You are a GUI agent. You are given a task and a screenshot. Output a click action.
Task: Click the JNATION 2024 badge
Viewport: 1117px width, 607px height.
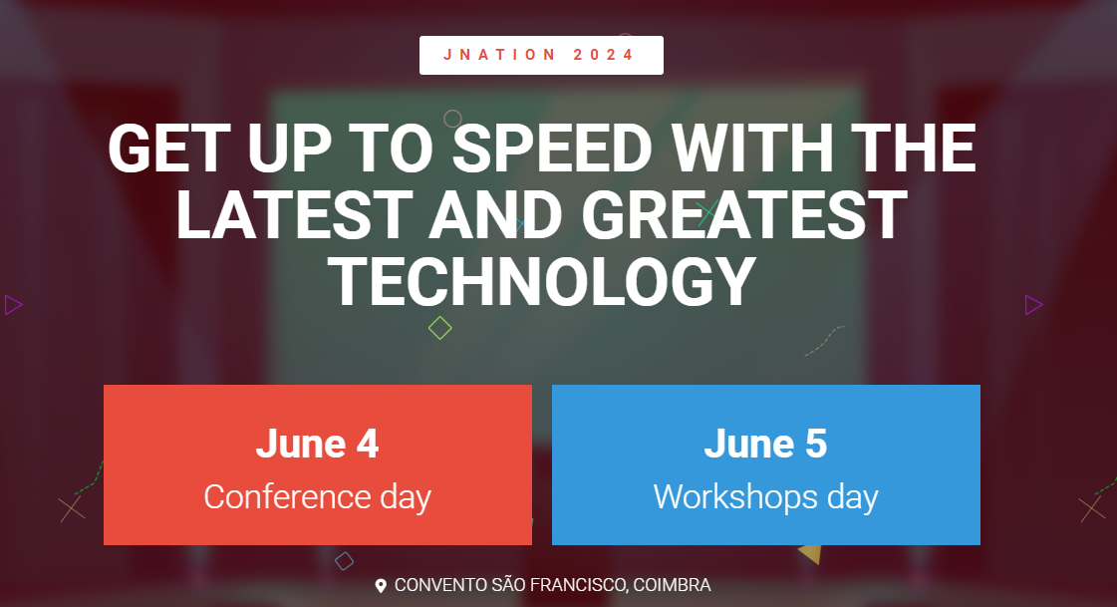[541, 55]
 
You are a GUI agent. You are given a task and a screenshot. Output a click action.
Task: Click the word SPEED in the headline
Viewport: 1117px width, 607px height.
[552, 149]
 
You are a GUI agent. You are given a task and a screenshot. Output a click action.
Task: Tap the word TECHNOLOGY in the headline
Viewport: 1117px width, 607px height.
[542, 283]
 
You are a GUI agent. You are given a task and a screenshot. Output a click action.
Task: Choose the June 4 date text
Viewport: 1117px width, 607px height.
[318, 444]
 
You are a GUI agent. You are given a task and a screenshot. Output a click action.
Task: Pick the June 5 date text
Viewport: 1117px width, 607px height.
[766, 444]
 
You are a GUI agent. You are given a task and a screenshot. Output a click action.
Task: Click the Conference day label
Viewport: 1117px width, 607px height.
[318, 497]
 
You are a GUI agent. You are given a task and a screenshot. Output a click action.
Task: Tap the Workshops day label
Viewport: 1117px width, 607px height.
[766, 497]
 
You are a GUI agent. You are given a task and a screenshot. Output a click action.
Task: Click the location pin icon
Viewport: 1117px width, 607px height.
[381, 586]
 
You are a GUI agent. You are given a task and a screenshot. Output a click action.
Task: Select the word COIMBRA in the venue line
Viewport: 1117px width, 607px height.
[672, 585]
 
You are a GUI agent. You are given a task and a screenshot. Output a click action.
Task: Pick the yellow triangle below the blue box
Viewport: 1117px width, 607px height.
[811, 553]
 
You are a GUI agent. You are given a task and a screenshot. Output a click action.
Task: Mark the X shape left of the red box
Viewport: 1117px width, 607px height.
[71, 509]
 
